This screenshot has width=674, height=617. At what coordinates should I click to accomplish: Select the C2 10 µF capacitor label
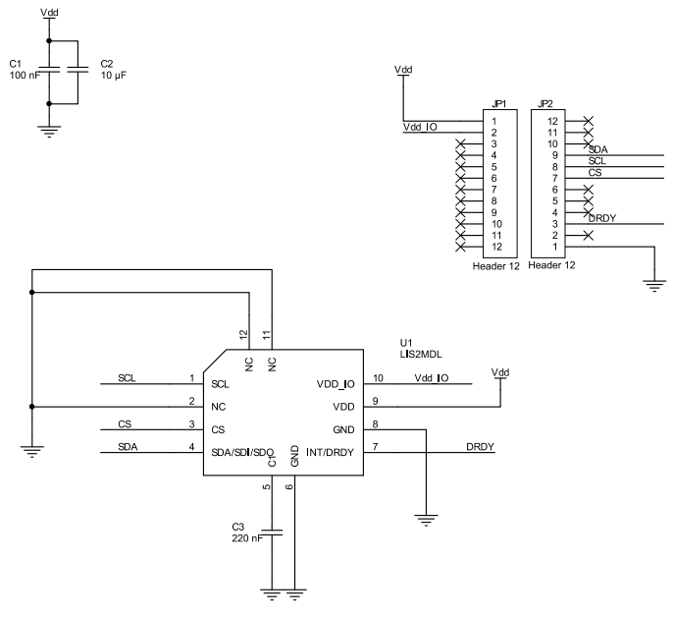114,69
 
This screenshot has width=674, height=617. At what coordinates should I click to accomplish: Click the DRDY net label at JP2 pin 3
601,218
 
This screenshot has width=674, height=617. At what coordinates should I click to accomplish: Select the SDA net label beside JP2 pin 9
598,149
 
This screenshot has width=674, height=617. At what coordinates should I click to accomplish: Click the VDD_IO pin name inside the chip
336,382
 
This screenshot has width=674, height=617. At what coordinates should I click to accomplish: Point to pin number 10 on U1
378,378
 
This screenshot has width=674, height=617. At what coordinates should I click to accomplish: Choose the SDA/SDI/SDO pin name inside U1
242,451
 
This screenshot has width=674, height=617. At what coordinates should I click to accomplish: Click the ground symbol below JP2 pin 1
652,285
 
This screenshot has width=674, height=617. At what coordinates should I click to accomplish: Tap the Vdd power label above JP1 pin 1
403,70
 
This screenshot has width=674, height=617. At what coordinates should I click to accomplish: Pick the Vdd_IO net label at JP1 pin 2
420,128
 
